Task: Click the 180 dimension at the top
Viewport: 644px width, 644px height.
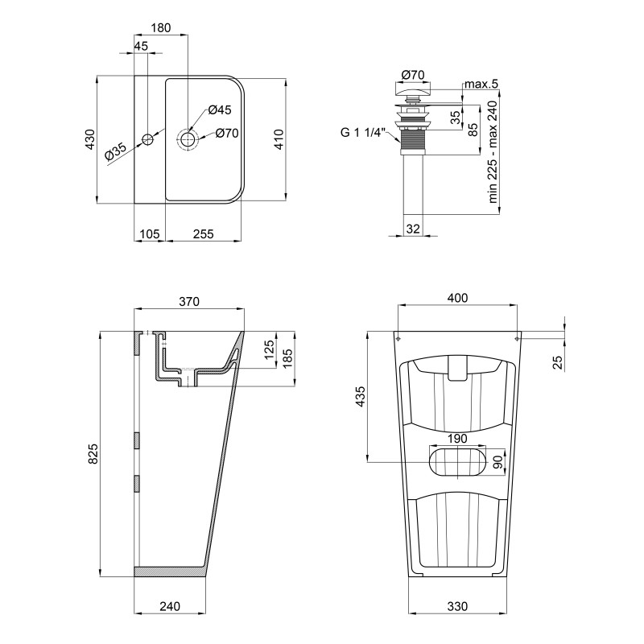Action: coord(160,28)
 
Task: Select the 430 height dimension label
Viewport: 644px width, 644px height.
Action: coord(90,139)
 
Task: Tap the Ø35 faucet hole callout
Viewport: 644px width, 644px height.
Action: coord(115,151)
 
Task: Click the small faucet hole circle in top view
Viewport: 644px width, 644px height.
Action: coord(147,139)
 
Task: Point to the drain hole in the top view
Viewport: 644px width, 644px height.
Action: coord(188,139)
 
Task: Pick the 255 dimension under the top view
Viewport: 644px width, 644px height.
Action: coord(204,233)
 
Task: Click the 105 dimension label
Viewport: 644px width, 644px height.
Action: coord(150,233)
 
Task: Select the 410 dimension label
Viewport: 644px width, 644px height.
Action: coord(279,139)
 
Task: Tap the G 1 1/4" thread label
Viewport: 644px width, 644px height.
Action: coord(364,133)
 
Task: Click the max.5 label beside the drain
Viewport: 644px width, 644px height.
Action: coord(481,85)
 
